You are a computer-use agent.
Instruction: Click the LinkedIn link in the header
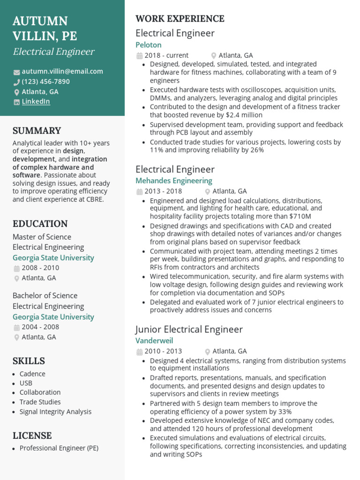[36, 102]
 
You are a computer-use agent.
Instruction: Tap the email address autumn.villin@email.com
[62, 72]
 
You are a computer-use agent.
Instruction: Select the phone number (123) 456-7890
[45, 82]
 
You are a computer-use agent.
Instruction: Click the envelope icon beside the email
[16, 72]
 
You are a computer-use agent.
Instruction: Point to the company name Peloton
[148, 45]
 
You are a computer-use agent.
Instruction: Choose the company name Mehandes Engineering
[173, 181]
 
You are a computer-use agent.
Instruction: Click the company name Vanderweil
[154, 341]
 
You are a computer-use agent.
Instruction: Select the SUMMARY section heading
[37, 131]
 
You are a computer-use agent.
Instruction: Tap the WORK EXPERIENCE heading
[180, 19]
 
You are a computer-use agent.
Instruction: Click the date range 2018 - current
[166, 55]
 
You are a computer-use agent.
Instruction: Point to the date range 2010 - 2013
[163, 351]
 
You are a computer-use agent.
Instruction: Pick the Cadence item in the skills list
[32, 374]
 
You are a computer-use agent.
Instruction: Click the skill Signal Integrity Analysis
[55, 412]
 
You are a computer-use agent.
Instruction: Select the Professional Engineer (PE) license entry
[59, 448]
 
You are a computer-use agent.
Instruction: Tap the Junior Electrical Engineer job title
[189, 329]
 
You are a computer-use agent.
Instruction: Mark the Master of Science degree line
[42, 237]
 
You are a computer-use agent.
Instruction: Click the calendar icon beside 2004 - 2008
[16, 328]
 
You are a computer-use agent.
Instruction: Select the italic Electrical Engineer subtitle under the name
[53, 52]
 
